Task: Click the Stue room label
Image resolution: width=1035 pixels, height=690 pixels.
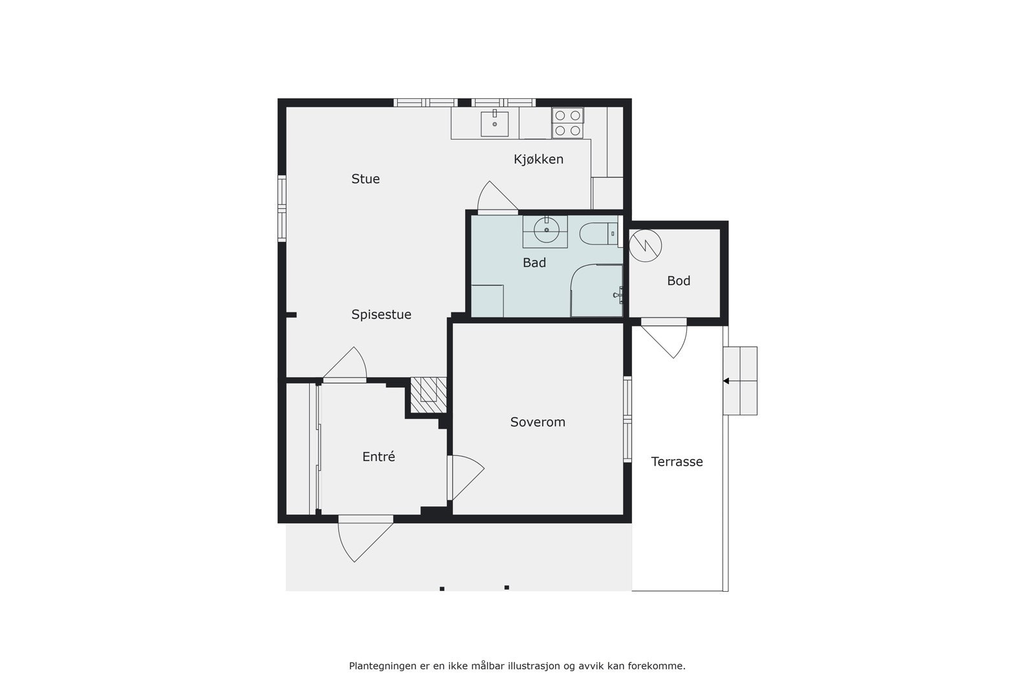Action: tap(365, 179)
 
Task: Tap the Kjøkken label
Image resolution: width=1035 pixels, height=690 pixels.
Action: tap(538, 159)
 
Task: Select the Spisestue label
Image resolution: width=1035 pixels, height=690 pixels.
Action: tap(381, 314)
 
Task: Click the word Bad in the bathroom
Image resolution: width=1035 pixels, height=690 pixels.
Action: tap(534, 263)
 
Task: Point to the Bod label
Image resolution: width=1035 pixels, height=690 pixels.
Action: tap(679, 281)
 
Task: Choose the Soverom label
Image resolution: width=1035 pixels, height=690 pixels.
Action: tap(538, 422)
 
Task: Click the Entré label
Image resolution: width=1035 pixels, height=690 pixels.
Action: tap(378, 457)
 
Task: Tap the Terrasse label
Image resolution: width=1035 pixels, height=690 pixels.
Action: tap(677, 462)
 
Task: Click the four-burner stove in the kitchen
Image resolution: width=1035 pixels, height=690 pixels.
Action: tap(567, 123)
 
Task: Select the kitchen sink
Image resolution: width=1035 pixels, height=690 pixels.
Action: tap(494, 124)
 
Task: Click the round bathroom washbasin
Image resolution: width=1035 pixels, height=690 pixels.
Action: tap(546, 230)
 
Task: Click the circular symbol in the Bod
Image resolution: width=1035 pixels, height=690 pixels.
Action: tap(646, 245)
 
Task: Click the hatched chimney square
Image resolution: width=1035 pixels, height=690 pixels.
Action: tap(427, 395)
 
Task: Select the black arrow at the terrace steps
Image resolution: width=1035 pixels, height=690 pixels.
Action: tap(726, 381)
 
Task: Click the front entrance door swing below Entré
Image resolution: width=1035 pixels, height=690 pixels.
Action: tap(362, 538)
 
